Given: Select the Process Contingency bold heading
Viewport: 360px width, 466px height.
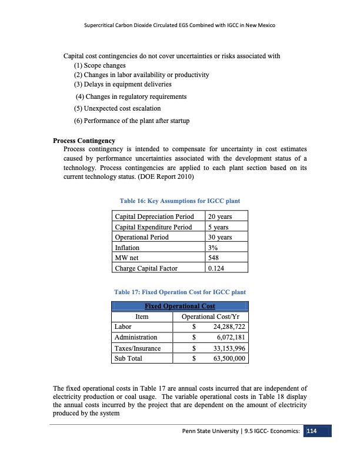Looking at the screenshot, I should pyautogui.click(x=84, y=141).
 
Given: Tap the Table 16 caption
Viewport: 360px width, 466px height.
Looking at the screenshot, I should pyautogui.click(x=180, y=201).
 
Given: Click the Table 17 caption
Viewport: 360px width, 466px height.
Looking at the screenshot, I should pyautogui.click(x=180, y=292).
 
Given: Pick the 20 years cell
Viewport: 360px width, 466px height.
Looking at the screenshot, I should pyautogui.click(x=220, y=217).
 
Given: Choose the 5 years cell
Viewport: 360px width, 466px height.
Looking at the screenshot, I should pyautogui.click(x=218, y=227).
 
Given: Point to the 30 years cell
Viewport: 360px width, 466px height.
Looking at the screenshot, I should pyautogui.click(x=220, y=237).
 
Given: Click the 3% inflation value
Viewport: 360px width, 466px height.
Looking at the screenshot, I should pyautogui.click(x=213, y=248).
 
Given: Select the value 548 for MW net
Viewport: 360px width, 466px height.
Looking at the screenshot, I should pyautogui.click(x=214, y=258).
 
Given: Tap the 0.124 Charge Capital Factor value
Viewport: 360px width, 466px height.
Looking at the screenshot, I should pyautogui.click(x=216, y=268).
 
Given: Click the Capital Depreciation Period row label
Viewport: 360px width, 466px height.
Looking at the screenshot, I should pyautogui.click(x=155, y=217).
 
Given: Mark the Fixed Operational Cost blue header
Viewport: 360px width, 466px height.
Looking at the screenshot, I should pyautogui.click(x=180, y=306).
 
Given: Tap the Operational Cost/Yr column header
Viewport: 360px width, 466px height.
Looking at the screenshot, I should pyautogui.click(x=209, y=316).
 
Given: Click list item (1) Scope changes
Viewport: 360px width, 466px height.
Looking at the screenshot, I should pyautogui.click(x=99, y=66).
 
